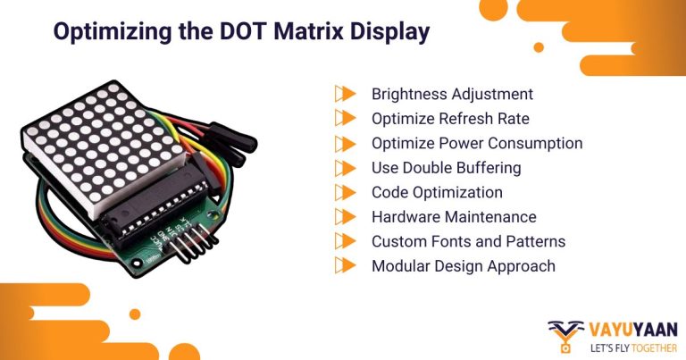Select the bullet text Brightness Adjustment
pyautogui.click(x=452, y=94)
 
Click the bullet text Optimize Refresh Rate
pyautogui.click(x=450, y=118)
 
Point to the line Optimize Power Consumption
pyautogui.click(x=477, y=143)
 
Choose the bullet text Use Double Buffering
pyautogui.click(x=446, y=167)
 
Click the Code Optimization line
pyautogui.click(x=437, y=192)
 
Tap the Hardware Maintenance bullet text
pyautogui.click(x=454, y=216)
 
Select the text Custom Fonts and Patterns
pyautogui.click(x=468, y=241)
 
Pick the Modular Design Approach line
pyautogui.click(x=463, y=265)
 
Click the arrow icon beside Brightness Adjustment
pyautogui.click(x=345, y=94)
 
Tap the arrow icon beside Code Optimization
pyautogui.click(x=345, y=192)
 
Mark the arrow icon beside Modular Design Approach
pyautogui.click(x=345, y=265)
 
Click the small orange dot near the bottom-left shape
pyautogui.click(x=135, y=314)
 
